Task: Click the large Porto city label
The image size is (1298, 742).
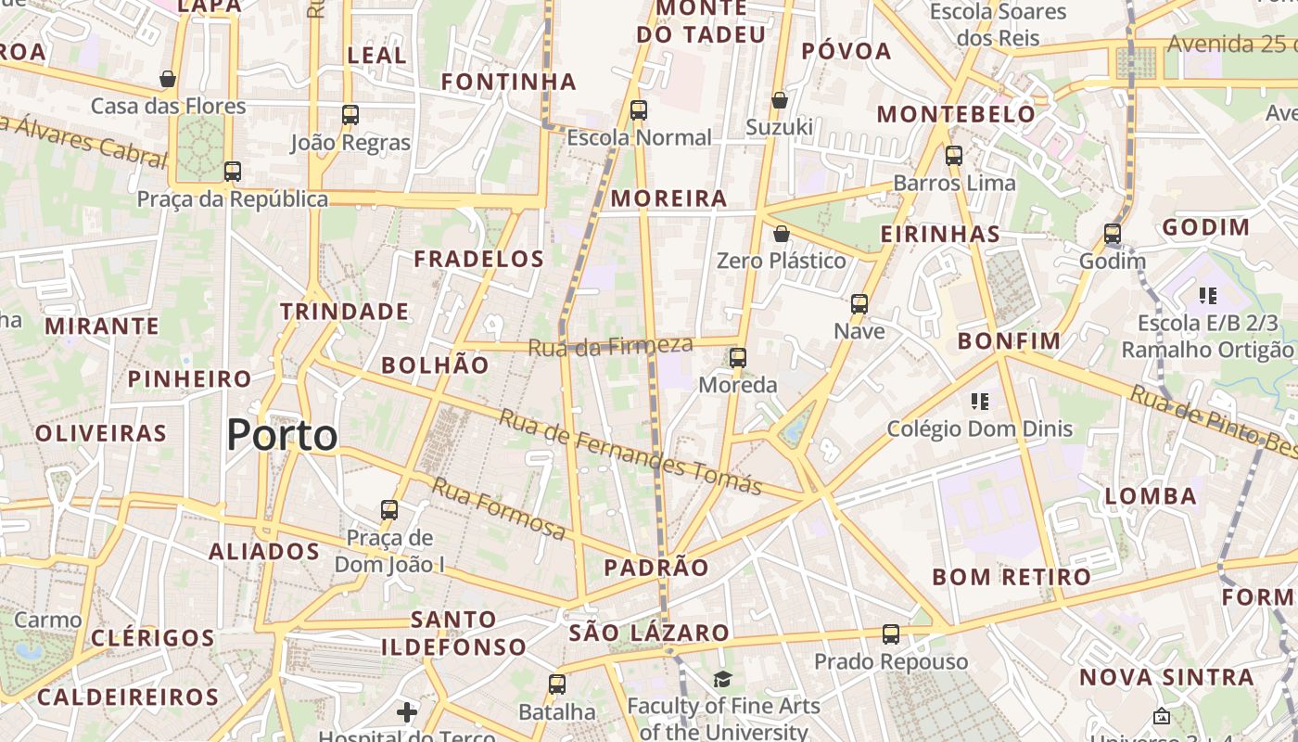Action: pos(282,435)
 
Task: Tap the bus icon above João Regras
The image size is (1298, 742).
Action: pos(350,115)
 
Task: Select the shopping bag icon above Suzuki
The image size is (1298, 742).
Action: pos(780,99)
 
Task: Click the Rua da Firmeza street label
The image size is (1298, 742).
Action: pos(611,347)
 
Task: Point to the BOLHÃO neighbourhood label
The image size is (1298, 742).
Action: pos(435,365)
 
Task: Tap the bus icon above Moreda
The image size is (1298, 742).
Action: pos(738,357)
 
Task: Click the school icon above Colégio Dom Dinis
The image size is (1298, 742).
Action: pos(980,402)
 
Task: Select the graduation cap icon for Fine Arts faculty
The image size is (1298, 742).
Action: pos(722,680)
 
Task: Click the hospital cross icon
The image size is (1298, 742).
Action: pos(406,712)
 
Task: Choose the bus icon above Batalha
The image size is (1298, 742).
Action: pos(556,684)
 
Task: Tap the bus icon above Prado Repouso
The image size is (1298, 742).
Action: pos(891,634)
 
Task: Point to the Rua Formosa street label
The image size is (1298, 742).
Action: pos(499,508)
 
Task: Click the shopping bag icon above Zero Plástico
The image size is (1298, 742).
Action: pos(782,233)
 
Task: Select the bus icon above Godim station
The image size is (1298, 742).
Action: pos(1113,234)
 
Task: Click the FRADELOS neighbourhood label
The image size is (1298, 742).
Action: pos(478,259)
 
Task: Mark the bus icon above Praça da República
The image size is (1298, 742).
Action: pos(233,172)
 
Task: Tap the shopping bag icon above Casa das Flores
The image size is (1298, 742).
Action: pos(168,79)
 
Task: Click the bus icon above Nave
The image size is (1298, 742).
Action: pos(859,303)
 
